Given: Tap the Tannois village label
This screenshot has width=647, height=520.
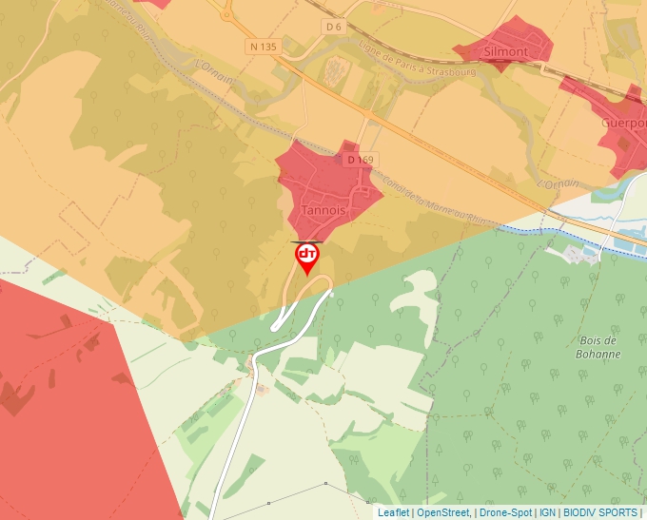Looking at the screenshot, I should [320, 209].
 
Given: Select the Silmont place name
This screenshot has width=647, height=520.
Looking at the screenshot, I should [505, 50].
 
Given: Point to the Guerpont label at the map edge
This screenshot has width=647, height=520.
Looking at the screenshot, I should [624, 123].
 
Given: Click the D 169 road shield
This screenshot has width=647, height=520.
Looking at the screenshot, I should [361, 160].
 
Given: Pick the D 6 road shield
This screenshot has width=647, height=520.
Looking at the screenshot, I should [333, 27].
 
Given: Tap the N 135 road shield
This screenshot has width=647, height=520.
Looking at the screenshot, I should [263, 46].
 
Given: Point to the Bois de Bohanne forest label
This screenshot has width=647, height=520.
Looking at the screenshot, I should [598, 347].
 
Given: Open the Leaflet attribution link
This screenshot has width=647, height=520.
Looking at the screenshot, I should [393, 512].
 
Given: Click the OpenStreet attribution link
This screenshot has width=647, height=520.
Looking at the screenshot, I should [442, 512].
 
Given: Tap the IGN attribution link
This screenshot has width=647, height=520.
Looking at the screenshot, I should [548, 512].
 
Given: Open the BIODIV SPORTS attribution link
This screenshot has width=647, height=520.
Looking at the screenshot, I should [601, 512].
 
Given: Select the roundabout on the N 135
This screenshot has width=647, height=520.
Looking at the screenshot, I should [227, 13].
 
